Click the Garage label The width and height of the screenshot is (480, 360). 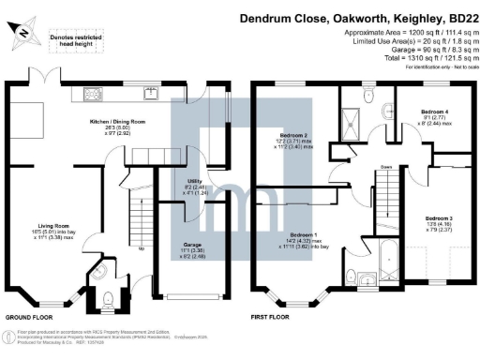click(x=191, y=247)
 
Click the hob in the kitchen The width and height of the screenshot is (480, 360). click(x=95, y=92)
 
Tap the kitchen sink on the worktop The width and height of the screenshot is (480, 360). click(x=150, y=92)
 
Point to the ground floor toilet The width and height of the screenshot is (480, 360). click(x=106, y=299)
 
